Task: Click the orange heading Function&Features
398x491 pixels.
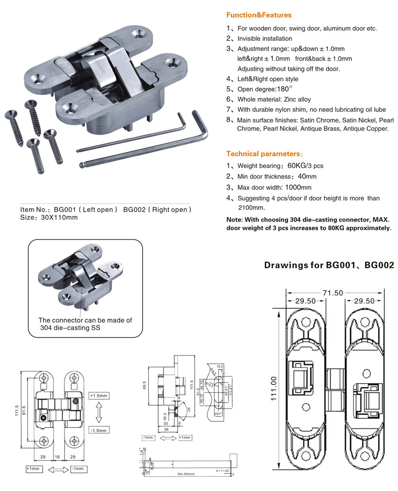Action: [259, 15]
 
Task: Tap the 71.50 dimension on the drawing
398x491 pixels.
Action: [333, 293]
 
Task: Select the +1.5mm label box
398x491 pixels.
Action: [99, 395]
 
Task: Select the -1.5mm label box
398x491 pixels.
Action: [99, 430]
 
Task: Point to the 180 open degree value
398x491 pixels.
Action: [282, 89]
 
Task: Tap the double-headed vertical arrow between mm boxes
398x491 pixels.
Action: [99, 412]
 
